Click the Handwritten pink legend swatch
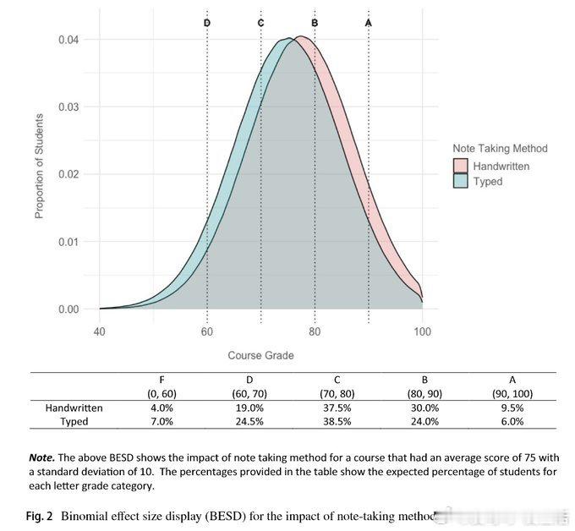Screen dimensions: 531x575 [x=461, y=167]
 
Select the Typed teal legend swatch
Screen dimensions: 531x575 [x=461, y=181]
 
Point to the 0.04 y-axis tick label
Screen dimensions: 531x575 [x=68, y=40]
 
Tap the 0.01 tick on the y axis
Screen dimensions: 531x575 [x=68, y=242]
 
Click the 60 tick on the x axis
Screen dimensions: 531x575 [x=207, y=332]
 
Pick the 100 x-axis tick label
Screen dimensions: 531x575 [x=422, y=332]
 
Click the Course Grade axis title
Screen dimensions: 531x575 [x=260, y=355]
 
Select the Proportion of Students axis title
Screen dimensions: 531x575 [x=39, y=167]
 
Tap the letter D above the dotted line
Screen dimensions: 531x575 [x=207, y=22]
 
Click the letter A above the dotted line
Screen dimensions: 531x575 [x=368, y=22]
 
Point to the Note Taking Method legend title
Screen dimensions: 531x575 [x=500, y=148]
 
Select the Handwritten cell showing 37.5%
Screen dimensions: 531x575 [x=315, y=408]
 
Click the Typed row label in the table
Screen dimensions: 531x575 [x=74, y=421]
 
